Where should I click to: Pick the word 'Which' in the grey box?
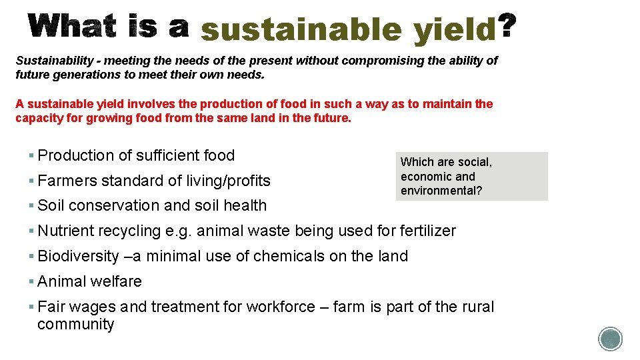click(417, 162)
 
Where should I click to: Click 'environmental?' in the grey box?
click(441, 191)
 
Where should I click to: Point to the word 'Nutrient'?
click(65, 231)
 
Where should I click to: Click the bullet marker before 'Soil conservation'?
click(31, 206)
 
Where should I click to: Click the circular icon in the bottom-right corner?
click(610, 339)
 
